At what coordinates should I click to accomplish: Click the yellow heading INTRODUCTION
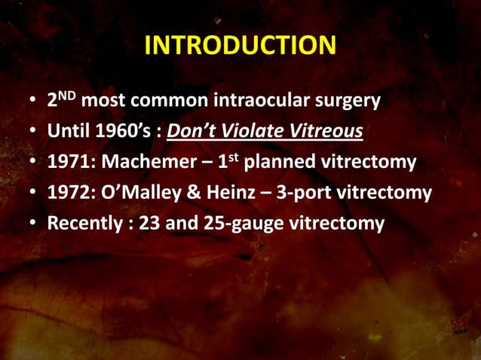pyautogui.click(x=240, y=46)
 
